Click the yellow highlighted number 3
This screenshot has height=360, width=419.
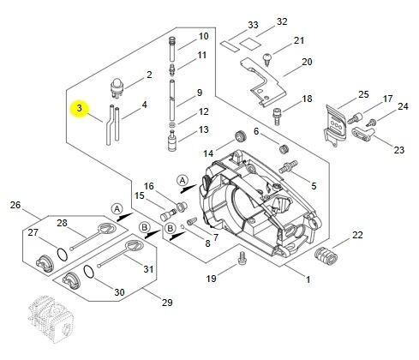80,109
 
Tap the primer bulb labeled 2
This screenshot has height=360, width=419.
117,87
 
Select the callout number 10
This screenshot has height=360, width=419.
203,36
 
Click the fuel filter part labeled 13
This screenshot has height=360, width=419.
172,141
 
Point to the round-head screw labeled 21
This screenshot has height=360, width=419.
267,59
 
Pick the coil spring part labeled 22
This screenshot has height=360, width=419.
326,255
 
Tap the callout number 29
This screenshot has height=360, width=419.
167,303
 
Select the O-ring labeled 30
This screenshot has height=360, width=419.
88,272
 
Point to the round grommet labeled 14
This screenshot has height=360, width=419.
241,136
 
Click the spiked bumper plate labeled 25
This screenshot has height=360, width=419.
337,124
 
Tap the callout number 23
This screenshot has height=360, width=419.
399,150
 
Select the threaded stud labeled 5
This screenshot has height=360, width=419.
288,166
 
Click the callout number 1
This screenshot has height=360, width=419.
308,279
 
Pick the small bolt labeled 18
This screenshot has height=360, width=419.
277,116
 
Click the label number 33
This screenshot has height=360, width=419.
253,25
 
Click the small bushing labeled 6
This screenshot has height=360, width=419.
284,148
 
